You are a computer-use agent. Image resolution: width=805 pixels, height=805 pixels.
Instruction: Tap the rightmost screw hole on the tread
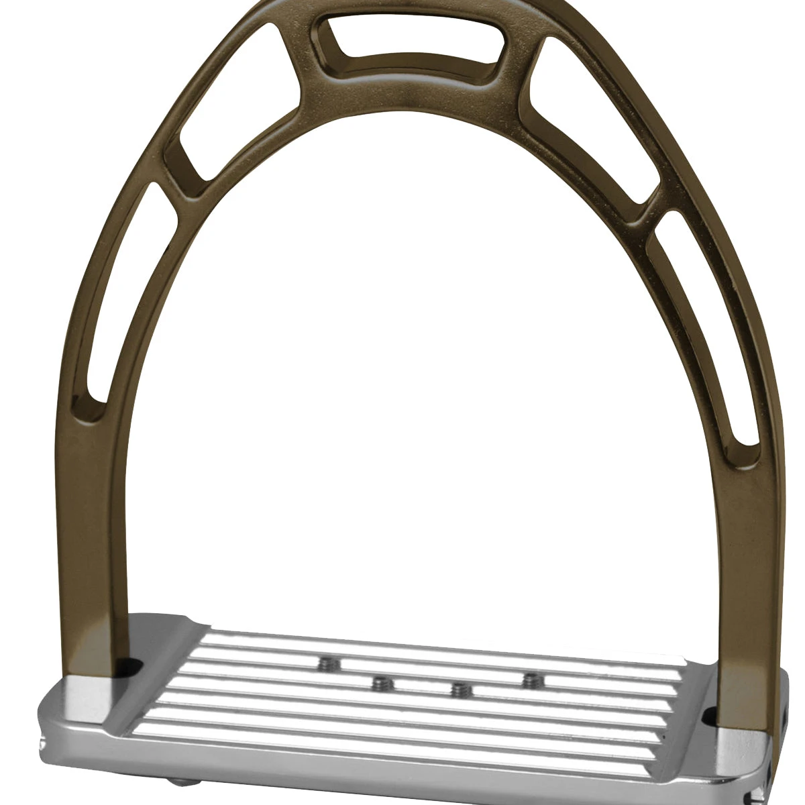point(532,680)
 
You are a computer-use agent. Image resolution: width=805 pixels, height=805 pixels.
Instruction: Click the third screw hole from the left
point(460,689)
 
